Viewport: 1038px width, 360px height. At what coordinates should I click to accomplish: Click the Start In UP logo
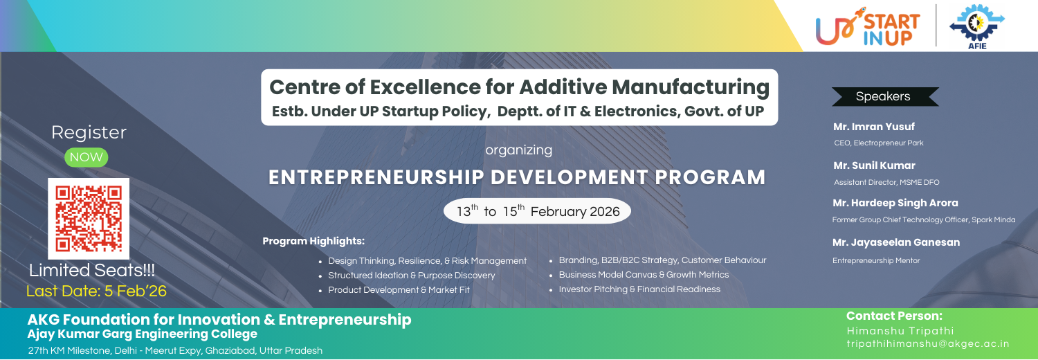click(868, 26)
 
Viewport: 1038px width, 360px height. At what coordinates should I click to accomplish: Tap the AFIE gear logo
click(977, 26)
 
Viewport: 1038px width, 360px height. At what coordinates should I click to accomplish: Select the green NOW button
click(86, 157)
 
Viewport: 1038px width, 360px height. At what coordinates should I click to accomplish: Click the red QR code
click(89, 219)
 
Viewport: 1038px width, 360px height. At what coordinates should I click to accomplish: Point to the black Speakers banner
click(885, 96)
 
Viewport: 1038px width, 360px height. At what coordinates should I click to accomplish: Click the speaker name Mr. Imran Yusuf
click(873, 127)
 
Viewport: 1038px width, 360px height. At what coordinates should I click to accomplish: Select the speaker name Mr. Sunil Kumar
click(874, 165)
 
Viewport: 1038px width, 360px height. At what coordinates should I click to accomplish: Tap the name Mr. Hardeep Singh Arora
click(895, 203)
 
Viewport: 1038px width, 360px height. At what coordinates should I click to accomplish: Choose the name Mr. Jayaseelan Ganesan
click(896, 242)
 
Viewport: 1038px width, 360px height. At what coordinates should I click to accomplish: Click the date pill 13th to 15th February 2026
click(537, 211)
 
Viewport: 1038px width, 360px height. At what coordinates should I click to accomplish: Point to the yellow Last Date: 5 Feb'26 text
click(96, 291)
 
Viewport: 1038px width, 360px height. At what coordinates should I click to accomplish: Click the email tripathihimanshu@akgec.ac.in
click(928, 344)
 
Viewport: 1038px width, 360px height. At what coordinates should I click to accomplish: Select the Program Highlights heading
click(313, 241)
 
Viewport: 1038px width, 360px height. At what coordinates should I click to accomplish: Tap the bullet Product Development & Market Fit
click(399, 289)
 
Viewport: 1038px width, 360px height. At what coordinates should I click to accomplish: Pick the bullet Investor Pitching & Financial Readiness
click(639, 289)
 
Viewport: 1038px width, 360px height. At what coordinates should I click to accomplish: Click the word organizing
click(518, 150)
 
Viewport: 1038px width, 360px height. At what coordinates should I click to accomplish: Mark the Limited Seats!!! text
click(92, 270)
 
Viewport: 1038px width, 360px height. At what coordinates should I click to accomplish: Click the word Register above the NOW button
click(89, 132)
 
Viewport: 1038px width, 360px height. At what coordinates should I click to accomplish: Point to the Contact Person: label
click(894, 316)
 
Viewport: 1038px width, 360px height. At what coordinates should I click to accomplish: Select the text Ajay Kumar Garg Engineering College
click(143, 334)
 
